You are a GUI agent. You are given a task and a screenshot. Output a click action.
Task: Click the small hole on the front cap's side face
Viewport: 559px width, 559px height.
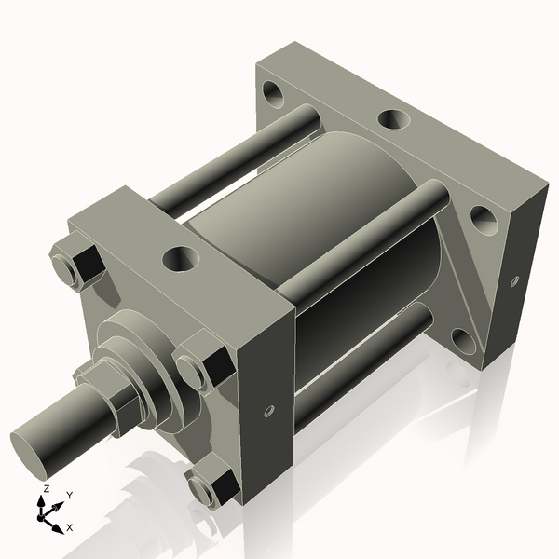(269, 411)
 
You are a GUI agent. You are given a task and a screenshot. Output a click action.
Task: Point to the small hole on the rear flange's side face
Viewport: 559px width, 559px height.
(513, 279)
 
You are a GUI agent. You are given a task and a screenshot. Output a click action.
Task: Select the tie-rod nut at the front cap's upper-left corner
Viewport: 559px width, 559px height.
(77, 263)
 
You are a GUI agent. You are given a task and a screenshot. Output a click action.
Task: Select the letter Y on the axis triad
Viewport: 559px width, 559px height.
(69, 495)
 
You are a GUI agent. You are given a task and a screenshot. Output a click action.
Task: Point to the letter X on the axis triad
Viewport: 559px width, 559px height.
(69, 527)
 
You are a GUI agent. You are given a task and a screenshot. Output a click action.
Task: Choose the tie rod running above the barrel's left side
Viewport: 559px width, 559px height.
(233, 163)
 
